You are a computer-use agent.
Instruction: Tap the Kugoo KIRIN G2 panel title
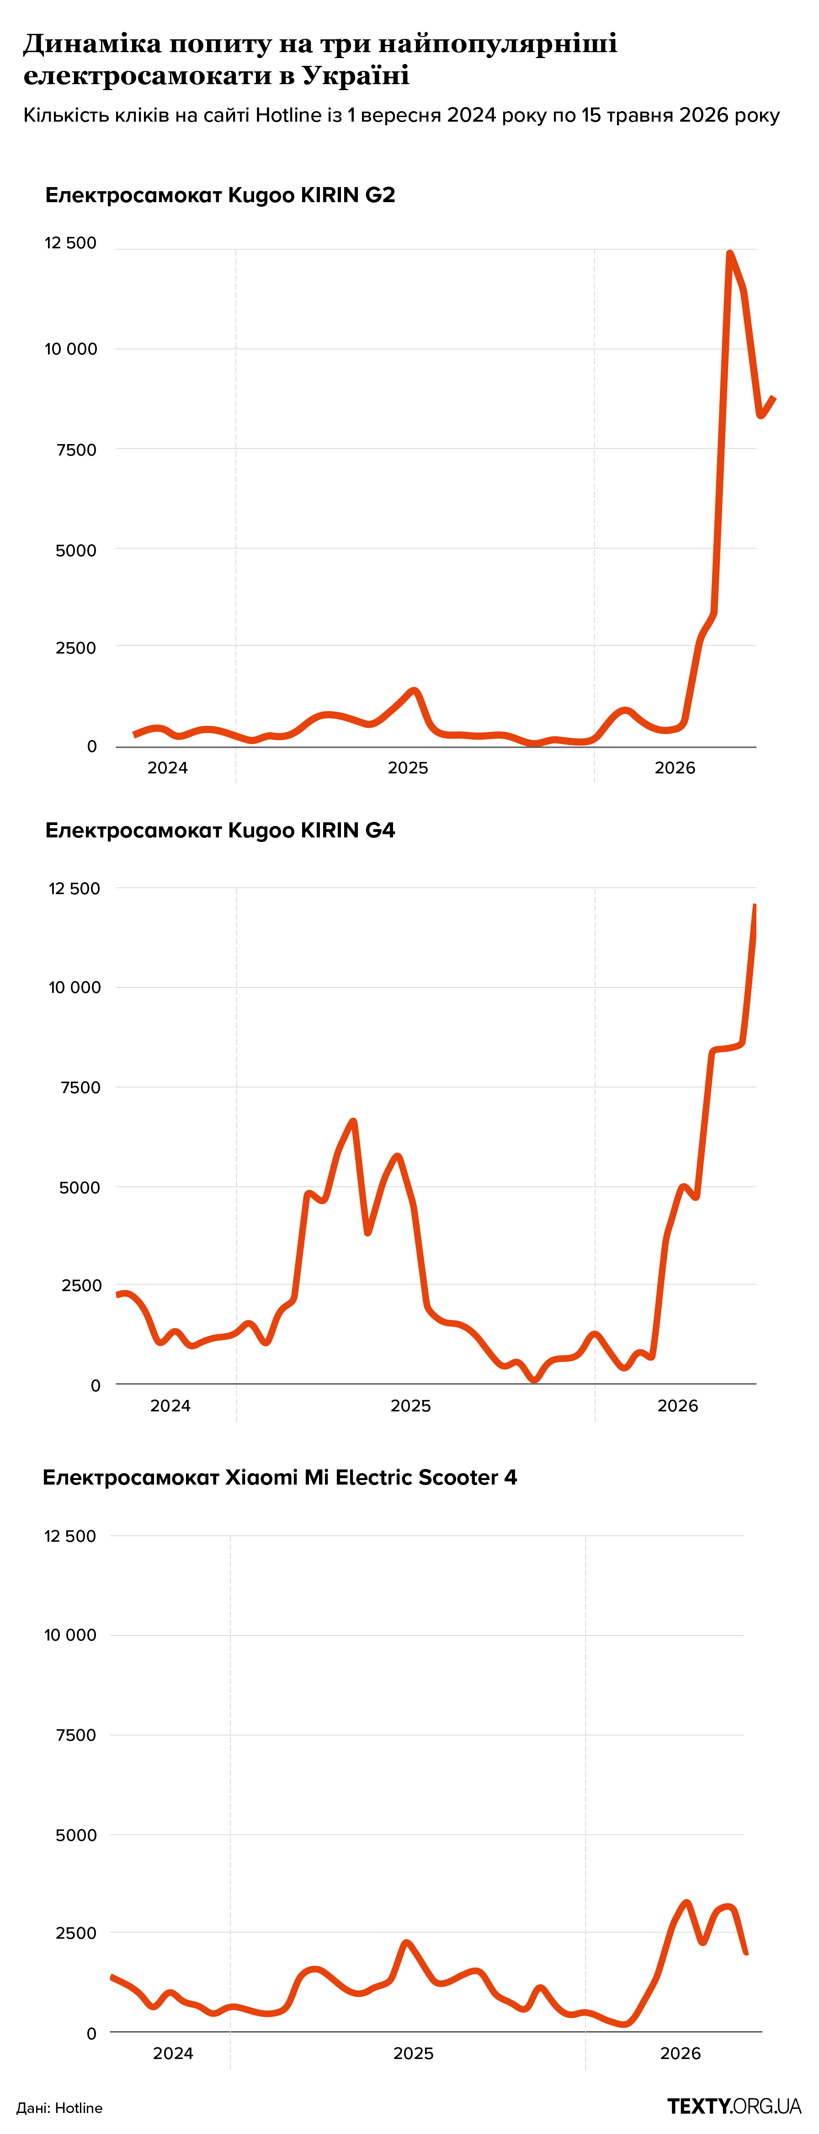[220, 195]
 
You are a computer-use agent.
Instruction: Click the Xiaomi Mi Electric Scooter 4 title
[280, 1477]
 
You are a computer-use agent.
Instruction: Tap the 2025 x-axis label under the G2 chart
[408, 768]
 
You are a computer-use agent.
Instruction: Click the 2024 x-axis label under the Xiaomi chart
[173, 2054]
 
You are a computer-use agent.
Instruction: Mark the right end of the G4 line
[755, 906]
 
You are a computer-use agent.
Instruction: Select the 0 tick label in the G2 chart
[92, 746]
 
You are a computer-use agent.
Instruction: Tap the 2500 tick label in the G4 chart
[81, 1286]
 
